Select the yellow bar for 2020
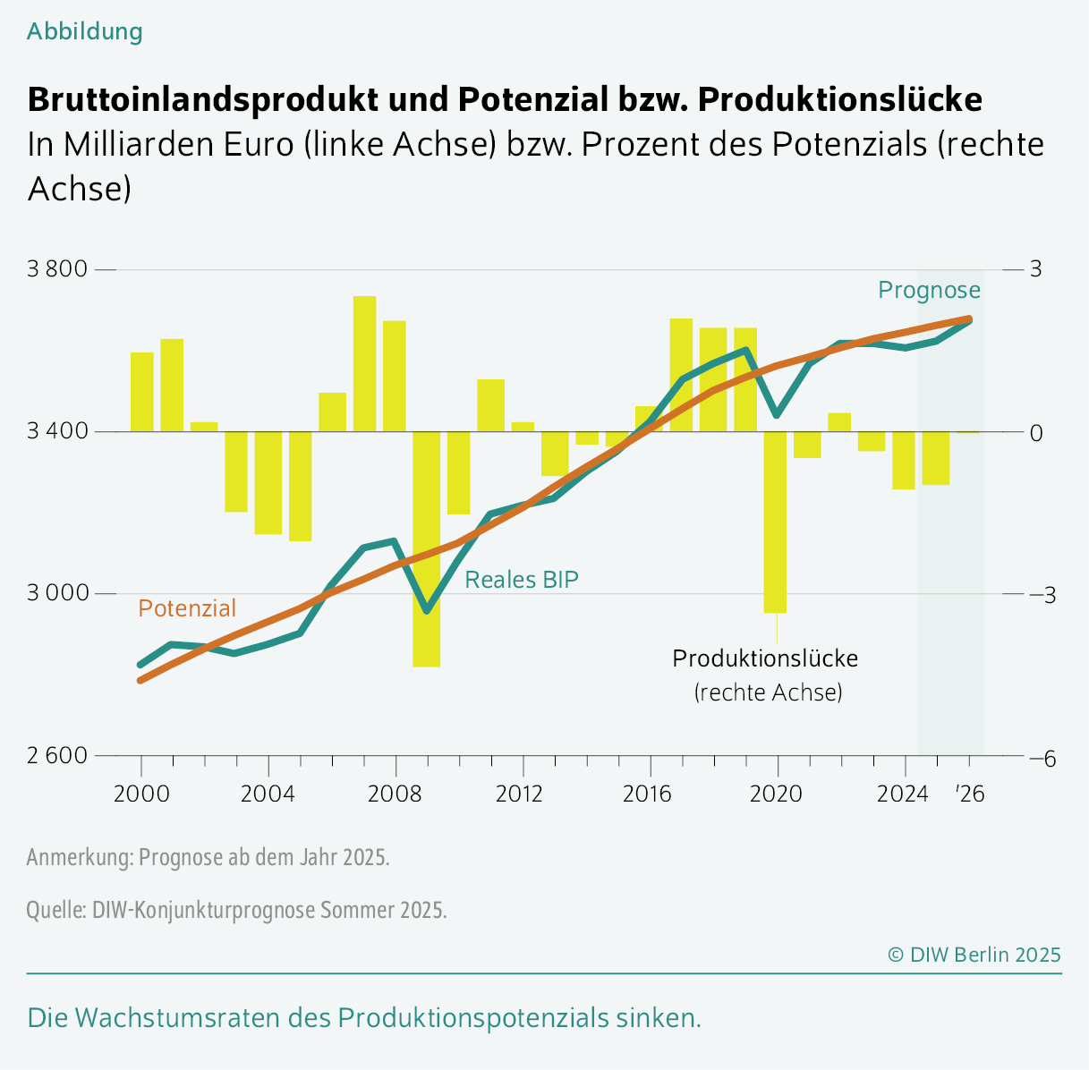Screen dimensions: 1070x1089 point(775,522)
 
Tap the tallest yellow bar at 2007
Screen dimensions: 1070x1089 point(364,363)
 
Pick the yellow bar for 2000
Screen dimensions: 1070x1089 point(142,392)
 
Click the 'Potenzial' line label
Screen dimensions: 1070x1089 point(187,608)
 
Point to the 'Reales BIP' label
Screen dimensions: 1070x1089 point(522,580)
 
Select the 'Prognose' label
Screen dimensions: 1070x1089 point(929,290)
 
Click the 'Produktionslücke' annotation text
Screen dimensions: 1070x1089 point(765,658)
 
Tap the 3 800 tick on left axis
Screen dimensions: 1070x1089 point(56,269)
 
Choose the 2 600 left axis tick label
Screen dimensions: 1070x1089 point(56,756)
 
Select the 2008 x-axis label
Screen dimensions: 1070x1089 point(395,794)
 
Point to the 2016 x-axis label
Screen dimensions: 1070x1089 point(649,794)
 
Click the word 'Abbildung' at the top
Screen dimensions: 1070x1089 point(84,31)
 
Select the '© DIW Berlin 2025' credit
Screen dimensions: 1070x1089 point(974,955)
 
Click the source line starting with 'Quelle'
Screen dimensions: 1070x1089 point(236,910)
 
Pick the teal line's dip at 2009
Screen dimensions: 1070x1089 point(427,611)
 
